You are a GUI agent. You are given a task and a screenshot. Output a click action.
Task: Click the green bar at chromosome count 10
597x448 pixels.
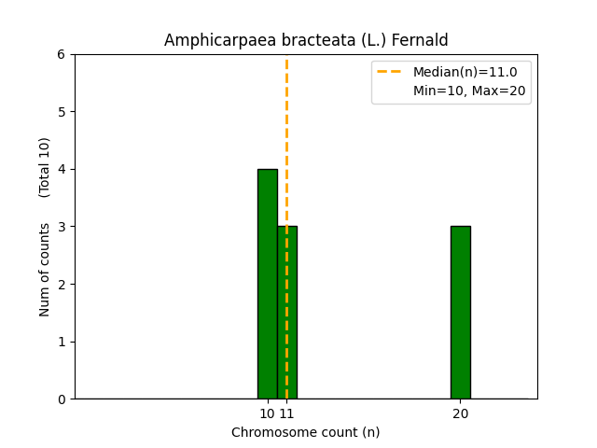coord(267,284)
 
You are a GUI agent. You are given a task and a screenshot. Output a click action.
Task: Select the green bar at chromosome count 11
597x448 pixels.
coord(290,313)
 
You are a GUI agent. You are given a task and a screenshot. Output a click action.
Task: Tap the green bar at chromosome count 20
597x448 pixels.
coord(460,313)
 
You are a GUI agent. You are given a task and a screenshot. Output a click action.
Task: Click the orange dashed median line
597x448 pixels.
coord(286,140)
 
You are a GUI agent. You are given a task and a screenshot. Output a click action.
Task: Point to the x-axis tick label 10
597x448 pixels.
coord(267,413)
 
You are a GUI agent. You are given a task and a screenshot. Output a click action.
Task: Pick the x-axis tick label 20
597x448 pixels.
coord(460,413)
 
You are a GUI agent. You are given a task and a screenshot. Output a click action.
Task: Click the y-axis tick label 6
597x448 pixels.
coord(61,54)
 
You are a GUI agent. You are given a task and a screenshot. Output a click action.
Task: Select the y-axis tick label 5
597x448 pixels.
coord(61,112)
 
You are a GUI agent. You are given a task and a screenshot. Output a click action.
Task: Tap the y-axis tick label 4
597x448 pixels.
coord(61,169)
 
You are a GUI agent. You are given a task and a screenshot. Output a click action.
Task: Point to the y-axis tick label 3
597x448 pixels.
coord(61,227)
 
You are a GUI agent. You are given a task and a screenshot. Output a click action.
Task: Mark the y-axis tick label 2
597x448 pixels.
coord(61,284)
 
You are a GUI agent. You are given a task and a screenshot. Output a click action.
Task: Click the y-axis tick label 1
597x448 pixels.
coord(61,342)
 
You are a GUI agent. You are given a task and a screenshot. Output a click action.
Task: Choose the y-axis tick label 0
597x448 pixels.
coord(61,399)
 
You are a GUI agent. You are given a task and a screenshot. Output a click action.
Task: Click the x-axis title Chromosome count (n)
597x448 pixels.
coord(305,432)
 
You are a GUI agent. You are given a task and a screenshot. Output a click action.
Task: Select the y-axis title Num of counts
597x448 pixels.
coord(45,268)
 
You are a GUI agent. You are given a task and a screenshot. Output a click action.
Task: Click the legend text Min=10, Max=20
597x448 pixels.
coord(469,91)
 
